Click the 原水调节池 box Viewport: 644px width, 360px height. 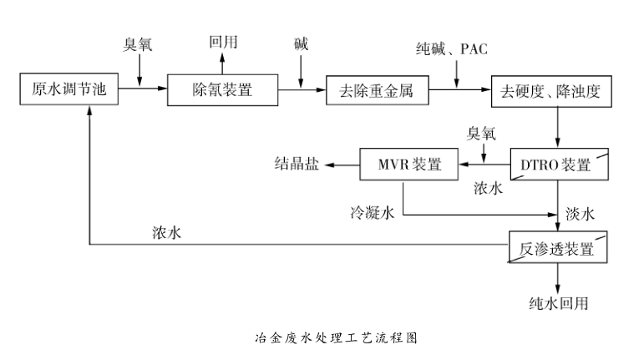click(64, 89)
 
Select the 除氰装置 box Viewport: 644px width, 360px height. click(222, 89)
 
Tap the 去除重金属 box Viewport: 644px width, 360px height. click(377, 89)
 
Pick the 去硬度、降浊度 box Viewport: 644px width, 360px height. click(556, 89)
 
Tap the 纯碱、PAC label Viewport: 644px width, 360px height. click(452, 49)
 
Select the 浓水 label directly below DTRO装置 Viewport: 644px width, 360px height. click(489, 188)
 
